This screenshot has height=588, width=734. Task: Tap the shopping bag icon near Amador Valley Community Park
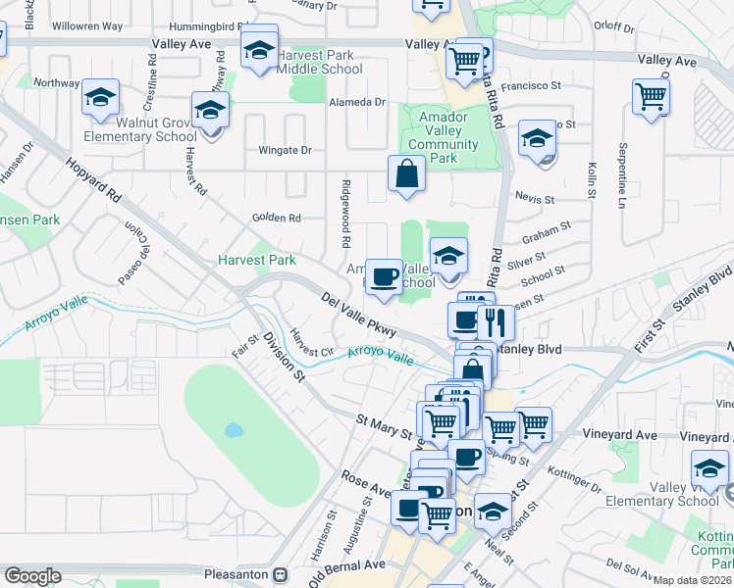pyautogui.click(x=406, y=174)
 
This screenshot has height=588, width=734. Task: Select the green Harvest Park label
pyautogui.click(x=256, y=261)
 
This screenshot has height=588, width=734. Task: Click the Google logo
pyautogui.click(x=32, y=575)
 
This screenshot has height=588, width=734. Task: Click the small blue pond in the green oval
pyautogui.click(x=233, y=429)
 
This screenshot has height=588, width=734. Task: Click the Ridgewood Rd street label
pyautogui.click(x=345, y=213)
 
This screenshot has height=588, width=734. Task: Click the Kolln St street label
pyautogui.click(x=592, y=179)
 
